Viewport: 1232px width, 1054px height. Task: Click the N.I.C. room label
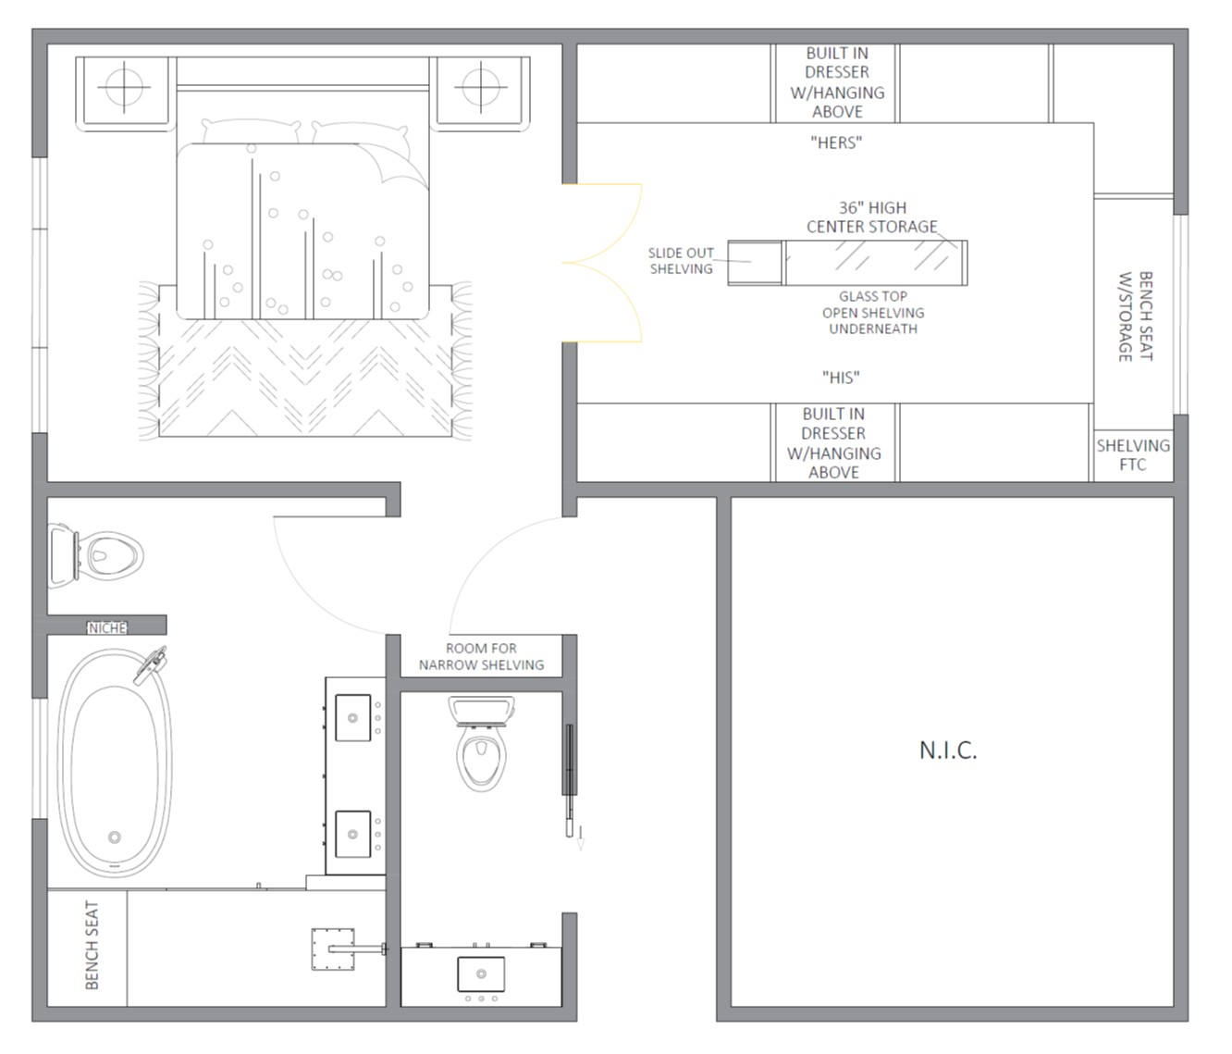(x=948, y=750)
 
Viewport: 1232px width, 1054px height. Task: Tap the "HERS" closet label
(x=836, y=143)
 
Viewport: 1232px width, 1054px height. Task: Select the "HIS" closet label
(x=841, y=377)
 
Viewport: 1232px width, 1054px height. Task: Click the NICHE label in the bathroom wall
(x=107, y=628)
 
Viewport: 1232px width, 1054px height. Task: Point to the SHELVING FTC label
(x=1133, y=454)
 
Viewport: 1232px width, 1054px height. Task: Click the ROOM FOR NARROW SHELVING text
(x=481, y=656)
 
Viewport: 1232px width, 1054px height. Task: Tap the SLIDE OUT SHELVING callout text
(x=682, y=261)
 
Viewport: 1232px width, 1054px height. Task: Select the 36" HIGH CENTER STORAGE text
(x=872, y=217)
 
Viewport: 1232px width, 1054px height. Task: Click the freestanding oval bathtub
(x=115, y=763)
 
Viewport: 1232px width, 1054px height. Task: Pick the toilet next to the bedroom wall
(x=95, y=556)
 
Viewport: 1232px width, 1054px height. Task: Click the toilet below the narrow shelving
(x=481, y=744)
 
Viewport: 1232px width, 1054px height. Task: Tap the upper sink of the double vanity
(x=352, y=717)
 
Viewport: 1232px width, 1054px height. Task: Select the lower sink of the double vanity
(x=352, y=834)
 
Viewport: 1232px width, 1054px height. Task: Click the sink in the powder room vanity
(x=481, y=974)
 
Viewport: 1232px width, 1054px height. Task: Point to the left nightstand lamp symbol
(x=124, y=87)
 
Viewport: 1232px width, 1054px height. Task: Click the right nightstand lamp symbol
(x=481, y=87)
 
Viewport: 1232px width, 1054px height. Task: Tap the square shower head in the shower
(x=333, y=949)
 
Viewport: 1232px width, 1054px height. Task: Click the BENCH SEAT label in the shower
(x=92, y=946)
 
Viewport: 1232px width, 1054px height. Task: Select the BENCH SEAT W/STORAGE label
(x=1136, y=316)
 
